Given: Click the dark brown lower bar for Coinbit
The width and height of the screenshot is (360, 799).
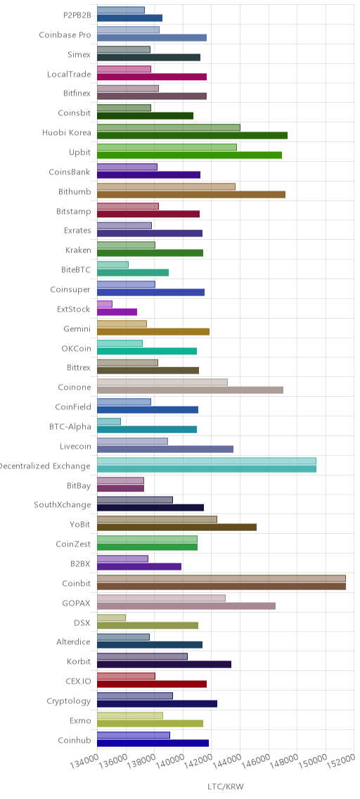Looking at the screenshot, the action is coord(221,586).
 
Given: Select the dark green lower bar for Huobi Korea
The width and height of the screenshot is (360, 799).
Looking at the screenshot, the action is coord(192,135).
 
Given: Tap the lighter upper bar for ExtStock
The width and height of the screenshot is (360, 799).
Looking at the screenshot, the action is coord(104,305).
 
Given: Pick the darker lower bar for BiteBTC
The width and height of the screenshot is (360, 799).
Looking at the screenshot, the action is coord(132,272).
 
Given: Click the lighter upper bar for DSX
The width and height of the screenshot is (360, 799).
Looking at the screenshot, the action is coord(111,618).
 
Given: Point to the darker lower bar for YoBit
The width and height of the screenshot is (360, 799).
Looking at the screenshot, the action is coord(176,528).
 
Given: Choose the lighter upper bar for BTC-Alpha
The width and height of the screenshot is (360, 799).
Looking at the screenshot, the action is coord(108,421).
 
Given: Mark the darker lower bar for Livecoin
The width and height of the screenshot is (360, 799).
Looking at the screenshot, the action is coord(165,449).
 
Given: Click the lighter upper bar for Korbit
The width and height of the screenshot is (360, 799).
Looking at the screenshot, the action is coord(142,656).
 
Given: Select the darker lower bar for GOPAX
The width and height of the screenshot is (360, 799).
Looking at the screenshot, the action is coord(186,606).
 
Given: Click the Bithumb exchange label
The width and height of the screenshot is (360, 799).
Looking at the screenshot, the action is coord(75,191).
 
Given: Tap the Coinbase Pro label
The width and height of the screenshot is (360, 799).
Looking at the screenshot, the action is coord(65,35).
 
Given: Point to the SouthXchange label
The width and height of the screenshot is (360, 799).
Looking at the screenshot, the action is coord(63,505).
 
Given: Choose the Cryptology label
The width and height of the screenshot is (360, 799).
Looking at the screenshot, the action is coord(71,701).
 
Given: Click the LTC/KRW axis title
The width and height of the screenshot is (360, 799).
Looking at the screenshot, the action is coord(225,786).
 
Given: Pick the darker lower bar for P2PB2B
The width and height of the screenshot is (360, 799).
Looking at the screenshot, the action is coord(129,18).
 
